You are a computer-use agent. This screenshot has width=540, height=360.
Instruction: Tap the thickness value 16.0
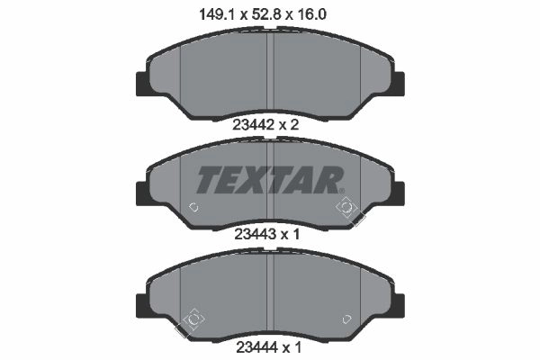click(311, 14)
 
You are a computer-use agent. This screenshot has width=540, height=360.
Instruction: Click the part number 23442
click(255, 125)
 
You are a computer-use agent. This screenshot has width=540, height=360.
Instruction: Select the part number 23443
click(256, 235)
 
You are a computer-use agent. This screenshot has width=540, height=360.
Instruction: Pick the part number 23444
click(256, 347)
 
